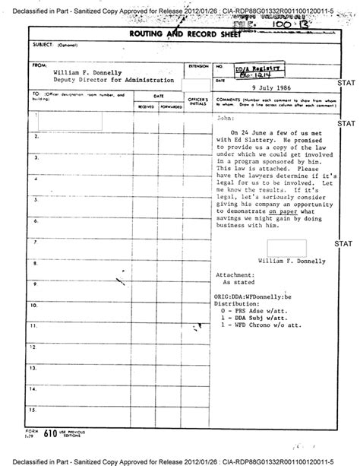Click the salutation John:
tap(226, 119)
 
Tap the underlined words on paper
tap(282, 215)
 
